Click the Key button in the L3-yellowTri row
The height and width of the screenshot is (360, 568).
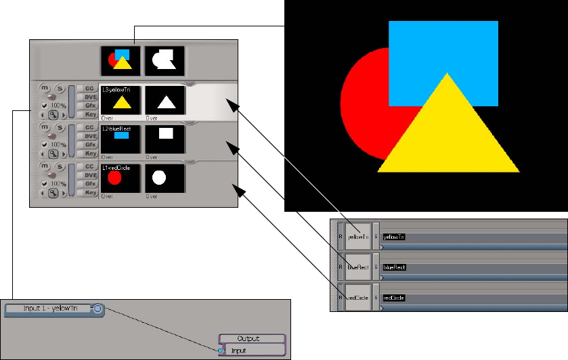pos(89,114)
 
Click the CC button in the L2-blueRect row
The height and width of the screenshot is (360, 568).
pos(89,127)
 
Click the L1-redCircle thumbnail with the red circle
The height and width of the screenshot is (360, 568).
pos(121,178)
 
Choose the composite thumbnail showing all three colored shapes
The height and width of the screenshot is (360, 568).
pos(121,61)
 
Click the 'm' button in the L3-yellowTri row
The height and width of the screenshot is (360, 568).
pos(45,88)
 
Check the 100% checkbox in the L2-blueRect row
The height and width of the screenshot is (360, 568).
pos(45,145)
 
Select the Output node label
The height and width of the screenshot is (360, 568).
pos(253,338)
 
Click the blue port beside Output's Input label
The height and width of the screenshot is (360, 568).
pos(221,351)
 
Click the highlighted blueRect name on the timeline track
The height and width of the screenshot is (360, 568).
pos(394,267)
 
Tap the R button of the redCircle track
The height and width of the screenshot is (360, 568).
pos(341,298)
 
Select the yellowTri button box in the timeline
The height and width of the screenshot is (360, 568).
pos(357,237)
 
